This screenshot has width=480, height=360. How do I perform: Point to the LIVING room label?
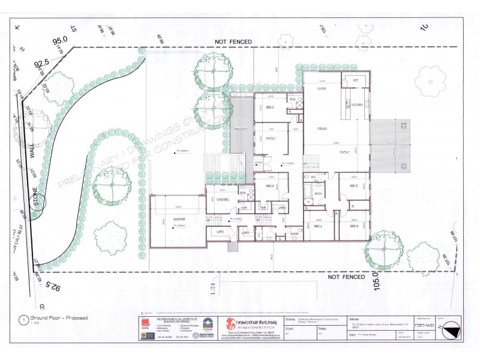click(322, 89)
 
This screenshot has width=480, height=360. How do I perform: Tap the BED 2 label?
click(270, 107)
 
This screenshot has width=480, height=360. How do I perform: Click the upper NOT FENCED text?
click(235, 42)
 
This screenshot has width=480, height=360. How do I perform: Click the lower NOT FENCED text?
click(347, 277)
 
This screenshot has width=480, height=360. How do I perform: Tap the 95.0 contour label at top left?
click(59, 41)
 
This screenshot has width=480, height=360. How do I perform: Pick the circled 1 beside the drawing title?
click(22, 319)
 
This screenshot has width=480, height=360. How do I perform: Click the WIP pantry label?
click(355, 80)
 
